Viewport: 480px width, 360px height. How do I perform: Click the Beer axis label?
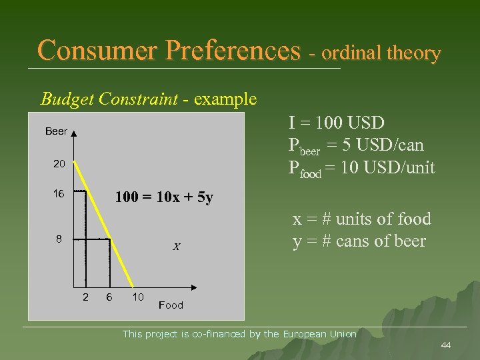coord(56,131)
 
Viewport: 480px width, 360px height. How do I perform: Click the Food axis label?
coord(171,305)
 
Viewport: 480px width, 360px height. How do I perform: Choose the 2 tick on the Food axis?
coord(85,297)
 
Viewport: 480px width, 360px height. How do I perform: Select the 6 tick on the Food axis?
coord(109,297)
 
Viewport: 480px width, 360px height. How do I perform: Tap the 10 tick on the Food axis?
coord(137,297)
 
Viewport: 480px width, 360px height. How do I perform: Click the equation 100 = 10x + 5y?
coord(164,197)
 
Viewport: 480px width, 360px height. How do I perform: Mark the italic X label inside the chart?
coord(176,247)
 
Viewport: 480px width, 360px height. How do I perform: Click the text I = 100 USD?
coord(336,123)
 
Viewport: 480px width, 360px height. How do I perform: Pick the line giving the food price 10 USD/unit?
coord(361,167)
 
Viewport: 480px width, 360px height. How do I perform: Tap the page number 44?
coord(446,345)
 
